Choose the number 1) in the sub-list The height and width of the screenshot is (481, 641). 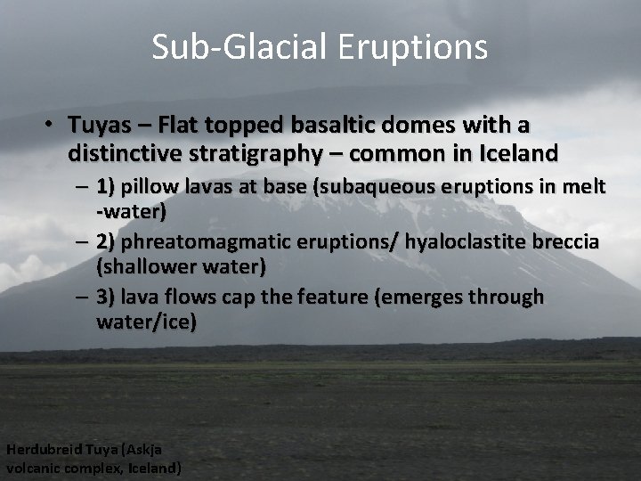click(107, 187)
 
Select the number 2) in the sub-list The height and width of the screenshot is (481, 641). click(107, 242)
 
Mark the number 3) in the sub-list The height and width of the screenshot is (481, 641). click(107, 298)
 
